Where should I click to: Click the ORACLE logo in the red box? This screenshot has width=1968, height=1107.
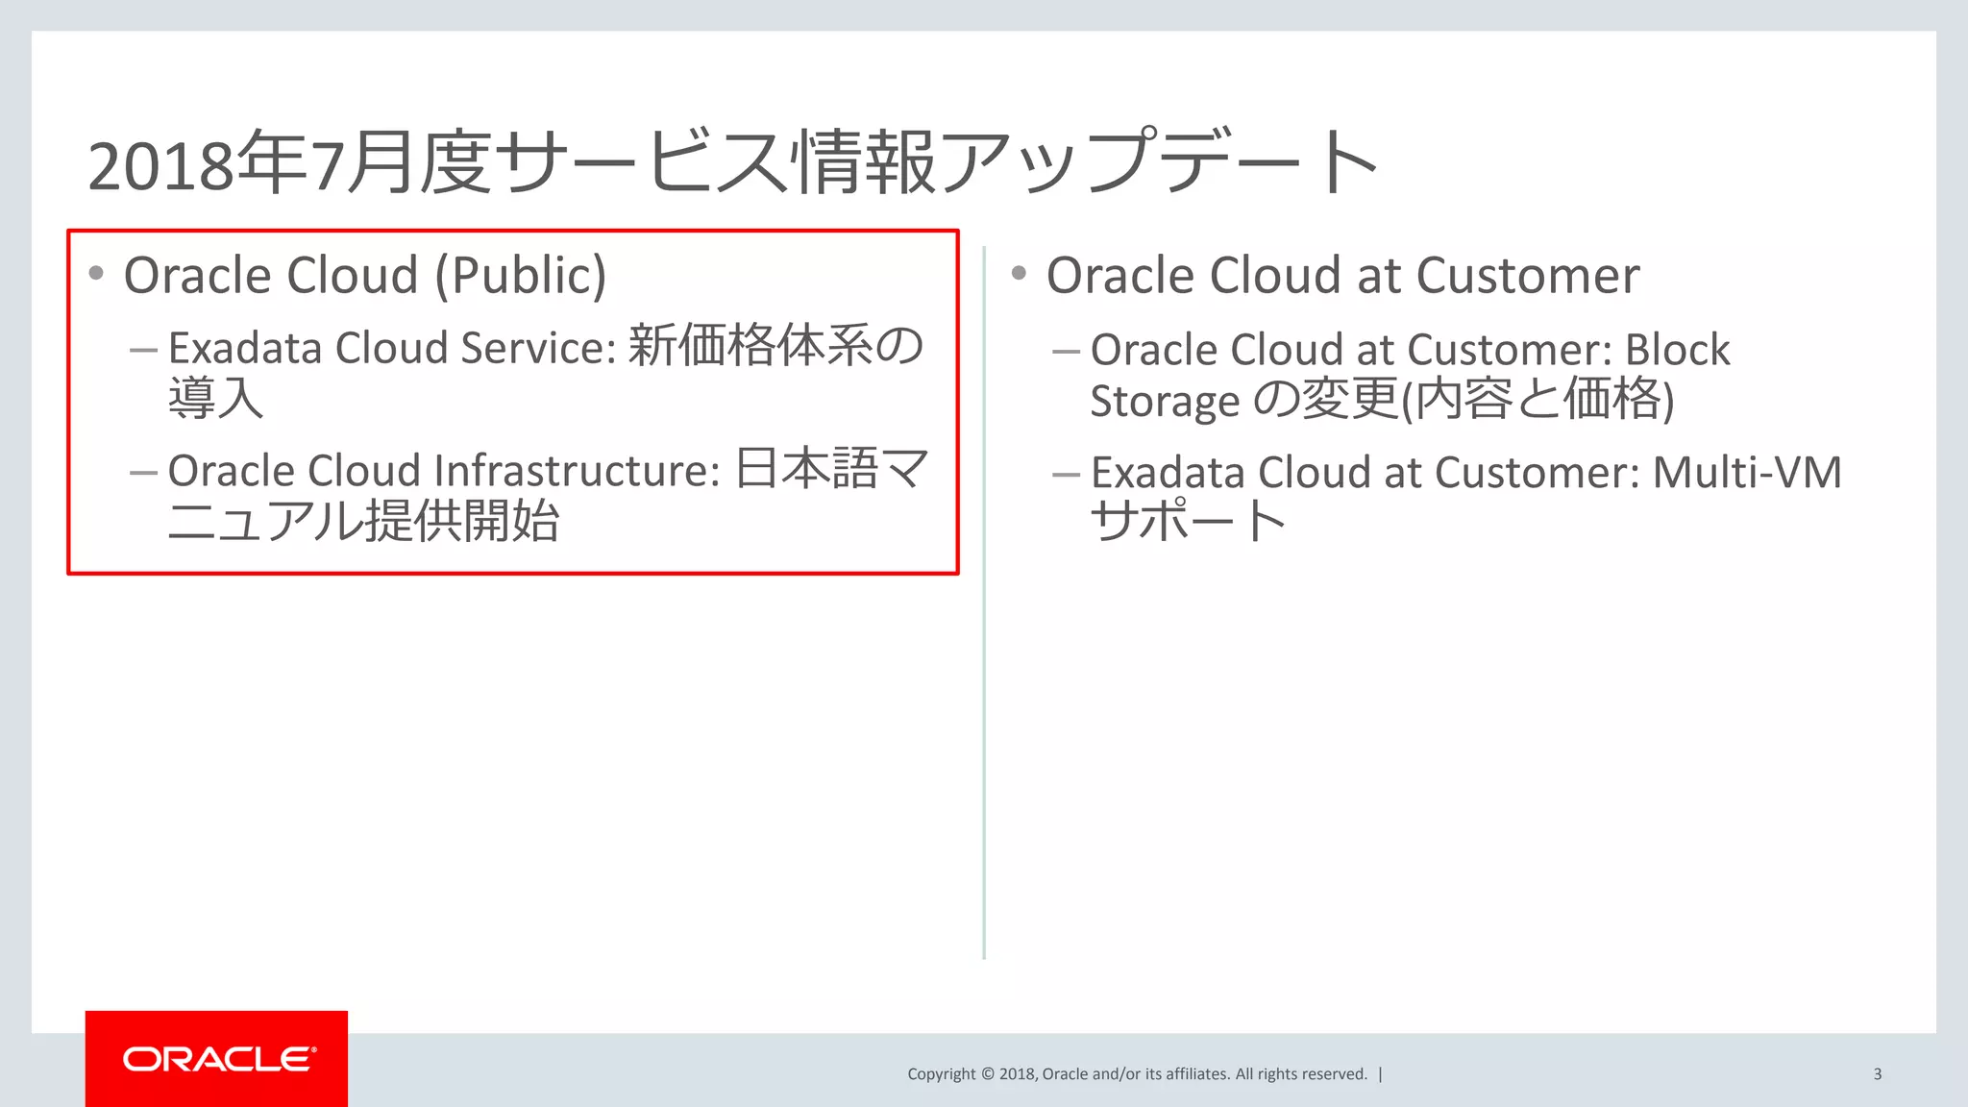pyautogui.click(x=218, y=1059)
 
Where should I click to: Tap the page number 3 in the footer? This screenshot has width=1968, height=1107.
pyautogui.click(x=1877, y=1074)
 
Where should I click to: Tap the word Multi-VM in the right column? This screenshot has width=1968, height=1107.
pyautogui.click(x=1746, y=473)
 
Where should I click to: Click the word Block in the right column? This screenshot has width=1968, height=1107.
pyautogui.click(x=1677, y=350)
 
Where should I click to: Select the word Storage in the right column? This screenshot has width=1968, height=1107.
pyautogui.click(x=1165, y=401)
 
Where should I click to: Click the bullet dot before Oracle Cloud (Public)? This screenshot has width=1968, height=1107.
pyautogui.click(x=96, y=274)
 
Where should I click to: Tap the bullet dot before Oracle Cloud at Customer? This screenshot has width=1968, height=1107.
pyautogui.click(x=1019, y=274)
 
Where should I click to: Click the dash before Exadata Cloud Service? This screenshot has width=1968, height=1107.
pyautogui.click(x=143, y=350)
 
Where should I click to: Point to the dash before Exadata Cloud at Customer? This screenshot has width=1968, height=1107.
pyautogui.click(x=1066, y=475)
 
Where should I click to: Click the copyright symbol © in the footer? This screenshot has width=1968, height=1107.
pyautogui.click(x=987, y=1074)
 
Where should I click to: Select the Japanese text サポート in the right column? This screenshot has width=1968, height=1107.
pyautogui.click(x=1188, y=521)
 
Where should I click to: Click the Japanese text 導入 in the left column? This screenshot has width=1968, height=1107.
pyautogui.click(x=215, y=398)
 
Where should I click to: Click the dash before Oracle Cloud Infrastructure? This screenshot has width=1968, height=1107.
pyautogui.click(x=143, y=473)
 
